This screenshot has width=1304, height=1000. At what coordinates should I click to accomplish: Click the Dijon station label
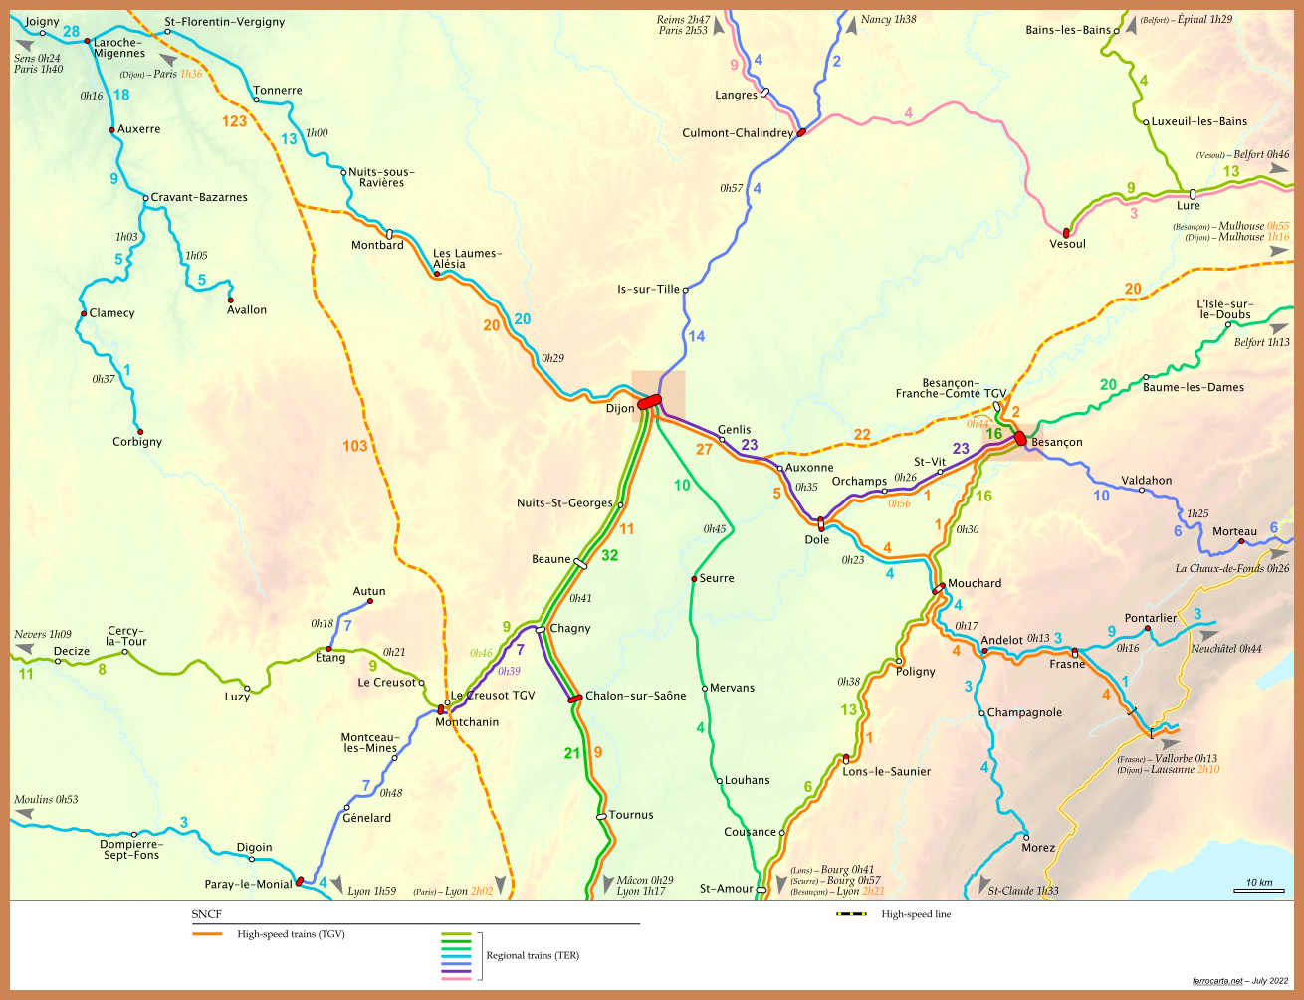619,408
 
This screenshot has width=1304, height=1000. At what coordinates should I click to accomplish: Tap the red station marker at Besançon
1020,438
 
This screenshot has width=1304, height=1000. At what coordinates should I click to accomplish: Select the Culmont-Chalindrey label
738,133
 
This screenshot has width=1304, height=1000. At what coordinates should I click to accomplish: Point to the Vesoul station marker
1066,232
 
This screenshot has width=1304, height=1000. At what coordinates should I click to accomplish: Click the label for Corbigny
137,442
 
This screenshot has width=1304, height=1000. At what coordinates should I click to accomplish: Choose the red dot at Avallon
230,300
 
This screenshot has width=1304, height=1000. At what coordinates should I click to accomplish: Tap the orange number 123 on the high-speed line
234,121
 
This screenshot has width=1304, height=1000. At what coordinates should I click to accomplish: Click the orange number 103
355,446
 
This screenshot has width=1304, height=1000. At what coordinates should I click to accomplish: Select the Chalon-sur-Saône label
635,696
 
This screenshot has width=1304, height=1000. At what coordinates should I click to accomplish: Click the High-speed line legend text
916,914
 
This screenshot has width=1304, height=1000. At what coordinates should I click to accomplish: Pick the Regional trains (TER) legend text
533,955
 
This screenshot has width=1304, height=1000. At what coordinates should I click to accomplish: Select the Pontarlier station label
1150,618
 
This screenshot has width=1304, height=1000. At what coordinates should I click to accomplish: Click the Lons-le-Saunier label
886,771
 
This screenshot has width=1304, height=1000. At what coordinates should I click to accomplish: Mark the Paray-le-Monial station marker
300,882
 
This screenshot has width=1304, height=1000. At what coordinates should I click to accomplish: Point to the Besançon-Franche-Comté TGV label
951,388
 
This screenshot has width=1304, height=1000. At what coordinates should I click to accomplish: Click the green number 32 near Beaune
609,555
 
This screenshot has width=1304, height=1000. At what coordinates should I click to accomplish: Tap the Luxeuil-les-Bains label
1198,121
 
